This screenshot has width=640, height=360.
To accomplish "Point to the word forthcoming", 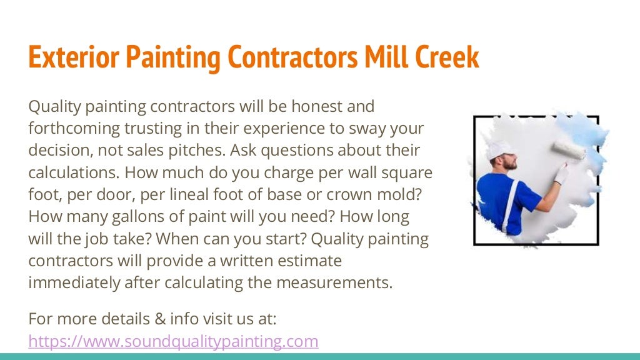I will pyautogui.click(x=73, y=129).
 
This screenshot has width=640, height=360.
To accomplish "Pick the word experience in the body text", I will pyautogui.click(x=293, y=129).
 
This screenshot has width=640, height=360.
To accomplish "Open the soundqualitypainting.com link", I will pyautogui.click(x=173, y=341).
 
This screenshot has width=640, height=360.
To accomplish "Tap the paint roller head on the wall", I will pyautogui.click(x=569, y=150).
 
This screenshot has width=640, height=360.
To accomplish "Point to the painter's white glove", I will pyautogui.click(x=562, y=173).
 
